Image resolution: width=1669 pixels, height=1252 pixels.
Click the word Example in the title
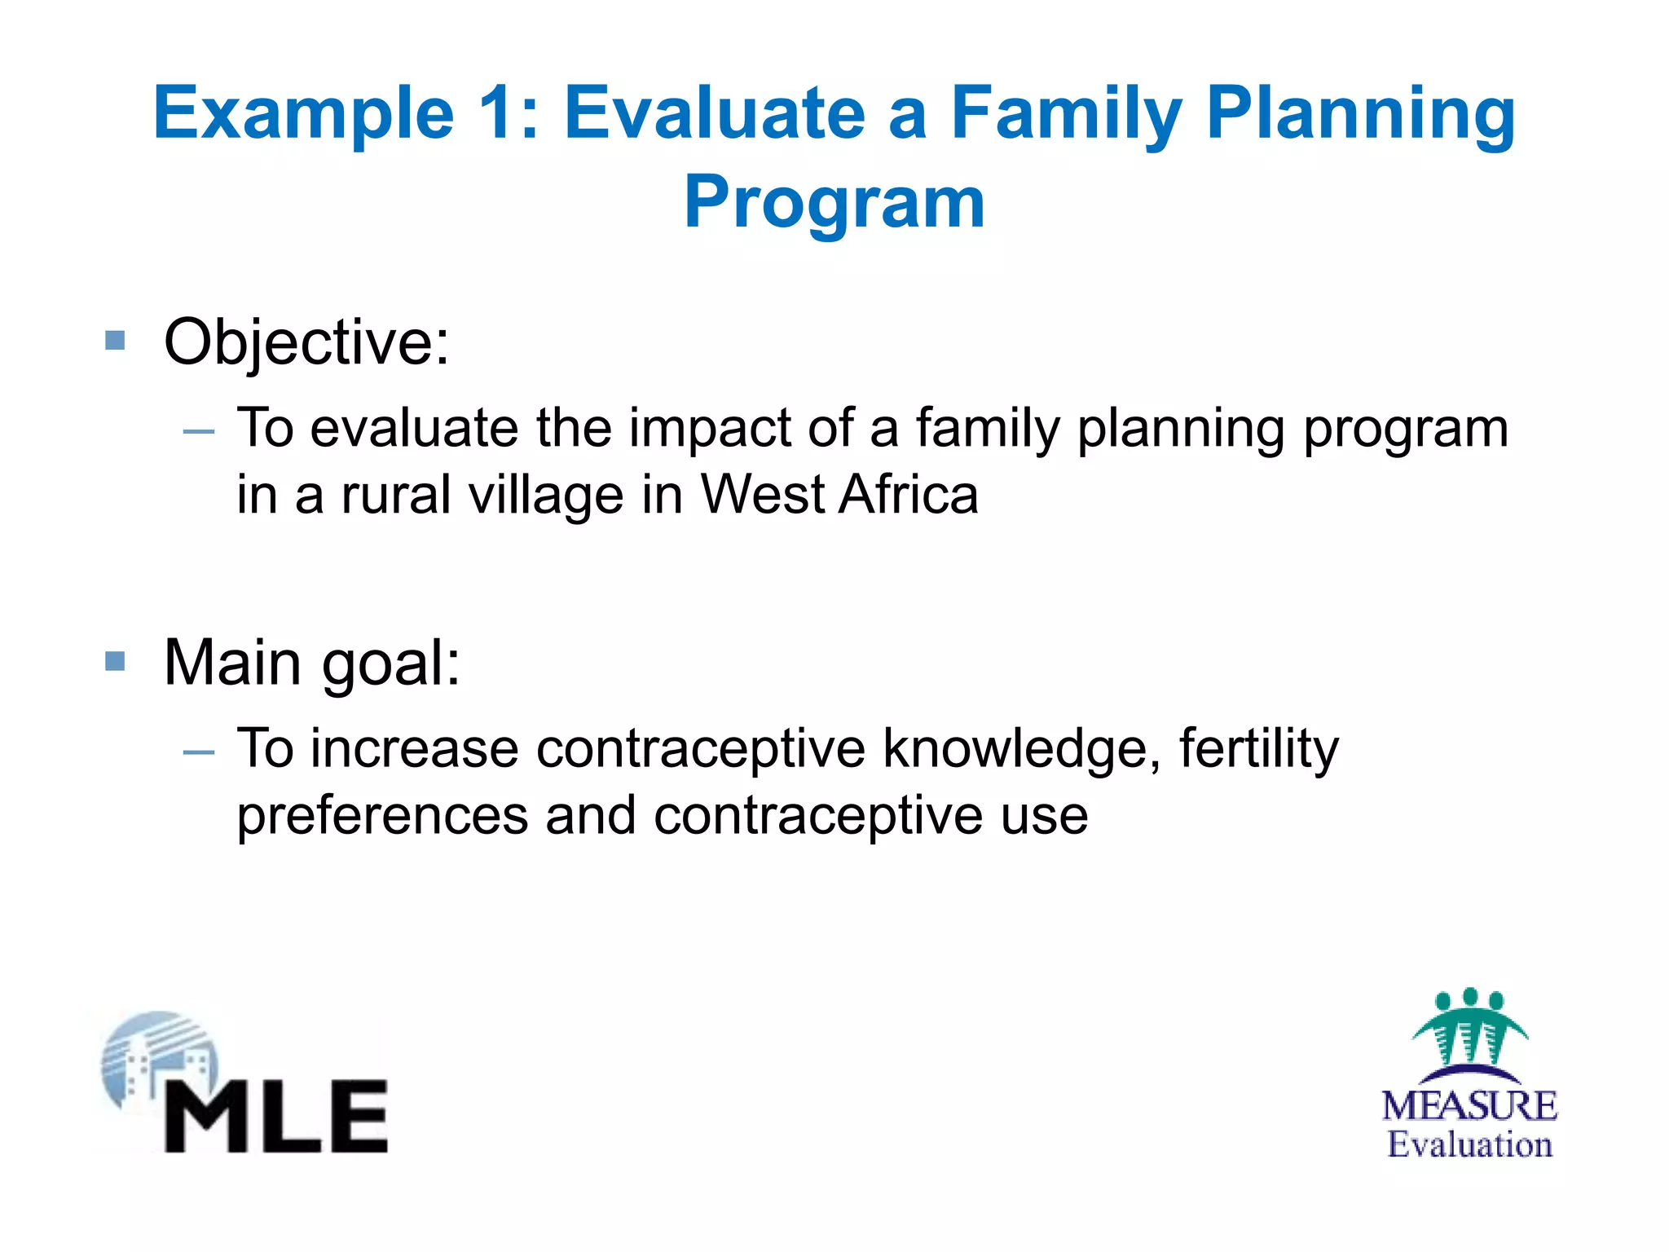click(303, 114)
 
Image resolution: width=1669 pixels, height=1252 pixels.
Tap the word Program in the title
click(834, 204)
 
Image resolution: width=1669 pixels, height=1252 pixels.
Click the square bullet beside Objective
click(115, 340)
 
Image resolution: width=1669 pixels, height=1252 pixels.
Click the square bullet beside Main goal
click(115, 660)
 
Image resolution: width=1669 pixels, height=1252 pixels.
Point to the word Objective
click(306, 342)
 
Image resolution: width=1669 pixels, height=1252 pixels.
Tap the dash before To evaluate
click(199, 431)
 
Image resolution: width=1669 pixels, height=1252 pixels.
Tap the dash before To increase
click(199, 752)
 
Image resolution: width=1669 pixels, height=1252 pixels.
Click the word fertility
click(1258, 749)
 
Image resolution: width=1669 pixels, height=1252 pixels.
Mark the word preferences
click(382, 817)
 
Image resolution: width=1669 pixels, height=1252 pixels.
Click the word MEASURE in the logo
click(1469, 1106)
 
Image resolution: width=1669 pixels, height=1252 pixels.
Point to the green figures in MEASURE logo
click(1469, 1027)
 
